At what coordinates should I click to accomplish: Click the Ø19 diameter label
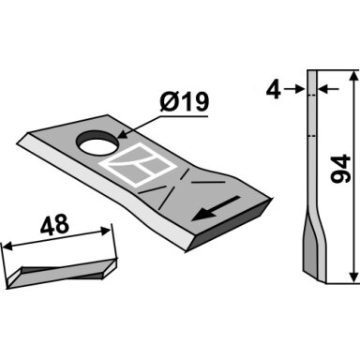tap(184, 102)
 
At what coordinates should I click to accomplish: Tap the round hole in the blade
tap(97, 143)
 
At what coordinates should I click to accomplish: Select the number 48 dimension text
tap(54, 224)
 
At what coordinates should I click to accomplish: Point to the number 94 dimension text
tap(340, 168)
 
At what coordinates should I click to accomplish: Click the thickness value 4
tap(273, 89)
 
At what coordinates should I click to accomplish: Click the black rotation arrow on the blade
tap(216, 209)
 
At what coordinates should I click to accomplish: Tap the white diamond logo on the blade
tap(138, 165)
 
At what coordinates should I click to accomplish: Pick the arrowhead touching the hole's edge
tap(123, 135)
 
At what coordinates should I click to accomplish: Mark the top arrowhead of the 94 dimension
tap(353, 76)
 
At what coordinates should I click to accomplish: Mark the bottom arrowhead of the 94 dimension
tap(353, 277)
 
